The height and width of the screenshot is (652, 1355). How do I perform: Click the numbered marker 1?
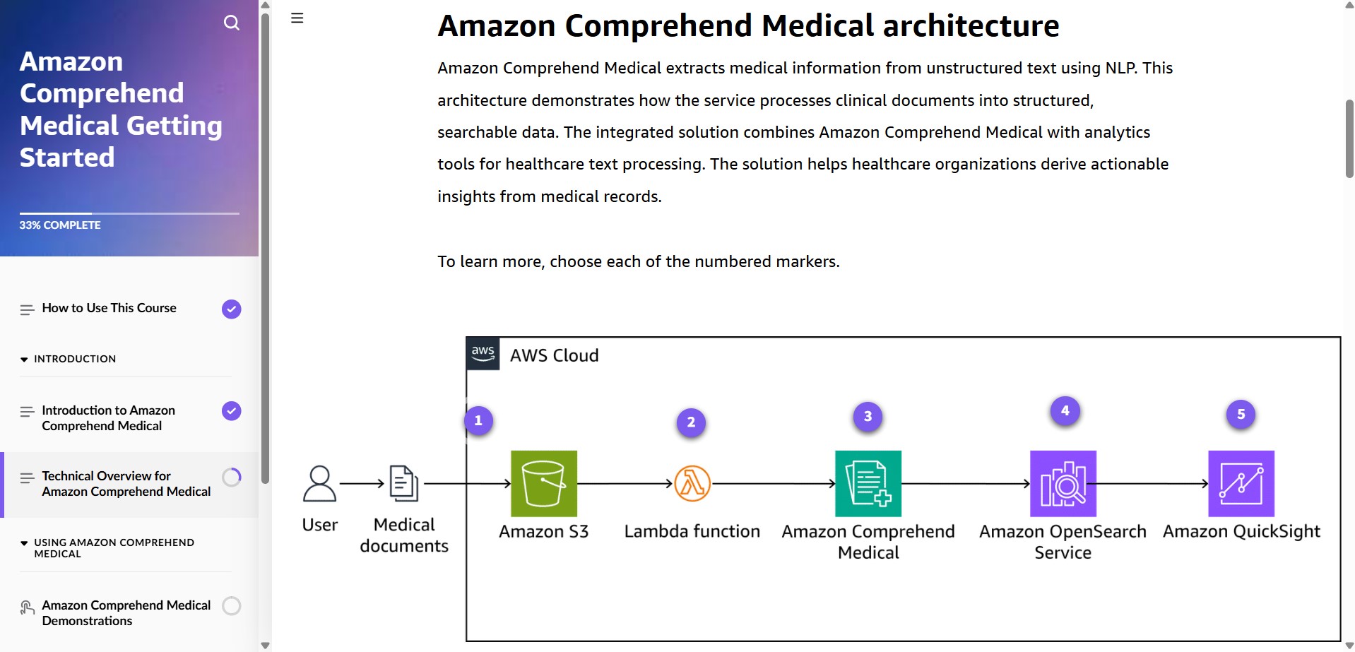tap(478, 421)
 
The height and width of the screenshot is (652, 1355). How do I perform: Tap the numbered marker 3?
tap(868, 417)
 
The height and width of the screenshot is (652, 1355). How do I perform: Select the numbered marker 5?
tap(1241, 415)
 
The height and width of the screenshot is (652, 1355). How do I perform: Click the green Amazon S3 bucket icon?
tap(543, 484)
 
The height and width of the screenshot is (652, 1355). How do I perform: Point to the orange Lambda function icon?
tap(692, 484)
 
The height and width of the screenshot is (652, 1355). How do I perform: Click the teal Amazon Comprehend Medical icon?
tap(868, 484)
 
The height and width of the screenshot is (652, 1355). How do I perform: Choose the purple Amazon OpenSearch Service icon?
tap(1063, 484)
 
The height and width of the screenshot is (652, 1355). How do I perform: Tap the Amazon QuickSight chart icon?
tap(1241, 484)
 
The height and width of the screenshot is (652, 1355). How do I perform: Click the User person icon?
tap(319, 484)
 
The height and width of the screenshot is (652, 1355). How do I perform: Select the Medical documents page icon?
tap(403, 484)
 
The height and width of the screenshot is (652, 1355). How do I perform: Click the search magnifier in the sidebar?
tap(232, 23)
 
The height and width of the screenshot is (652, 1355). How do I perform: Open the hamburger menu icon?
tap(297, 18)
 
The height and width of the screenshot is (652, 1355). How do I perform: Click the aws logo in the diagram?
tap(483, 353)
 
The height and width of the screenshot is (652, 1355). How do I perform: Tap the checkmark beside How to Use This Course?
tap(232, 309)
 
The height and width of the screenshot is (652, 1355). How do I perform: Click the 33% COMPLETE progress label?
tap(60, 225)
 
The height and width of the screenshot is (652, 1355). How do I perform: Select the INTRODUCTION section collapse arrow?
tap(24, 360)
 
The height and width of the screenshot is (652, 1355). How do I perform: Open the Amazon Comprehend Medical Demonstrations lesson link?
tap(126, 613)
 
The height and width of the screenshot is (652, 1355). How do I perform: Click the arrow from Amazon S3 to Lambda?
tap(625, 484)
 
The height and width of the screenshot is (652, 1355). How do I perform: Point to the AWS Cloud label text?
tap(554, 356)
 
